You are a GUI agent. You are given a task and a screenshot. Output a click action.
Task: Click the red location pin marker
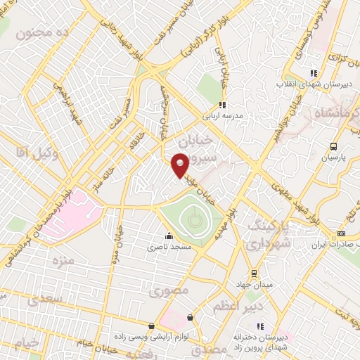tap(180, 165)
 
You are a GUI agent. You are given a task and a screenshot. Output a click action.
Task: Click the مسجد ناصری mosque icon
tap(167, 236)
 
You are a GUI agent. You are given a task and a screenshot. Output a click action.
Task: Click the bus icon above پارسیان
tap(333, 147)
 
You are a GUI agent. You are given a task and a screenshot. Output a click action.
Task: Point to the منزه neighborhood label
tap(62, 261)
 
